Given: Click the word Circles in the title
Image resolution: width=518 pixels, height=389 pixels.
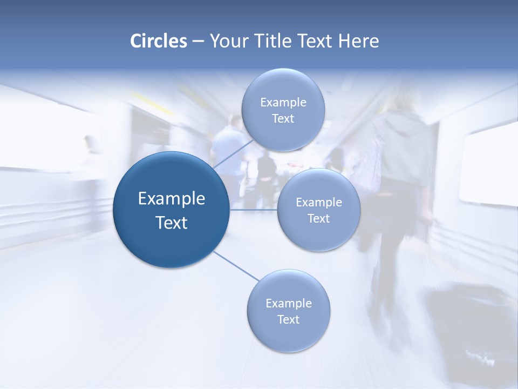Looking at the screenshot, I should pos(158,41).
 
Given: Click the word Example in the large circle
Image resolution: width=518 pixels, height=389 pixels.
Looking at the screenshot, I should pos(172,199).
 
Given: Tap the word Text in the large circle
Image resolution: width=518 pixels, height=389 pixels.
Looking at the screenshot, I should pos(172,223).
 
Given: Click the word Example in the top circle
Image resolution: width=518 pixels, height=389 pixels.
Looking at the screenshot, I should pos(283,103).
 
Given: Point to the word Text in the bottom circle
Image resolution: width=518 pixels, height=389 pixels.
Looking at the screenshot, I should pos(288,319).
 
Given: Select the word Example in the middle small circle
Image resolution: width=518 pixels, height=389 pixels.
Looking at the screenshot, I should pos(318,203).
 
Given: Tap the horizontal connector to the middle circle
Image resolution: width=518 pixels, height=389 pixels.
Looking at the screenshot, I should pos(253,210).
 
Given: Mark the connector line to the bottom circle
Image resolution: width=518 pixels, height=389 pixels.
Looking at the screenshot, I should pos(236,266).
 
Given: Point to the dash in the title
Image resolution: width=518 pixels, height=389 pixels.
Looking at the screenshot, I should pos(197,42).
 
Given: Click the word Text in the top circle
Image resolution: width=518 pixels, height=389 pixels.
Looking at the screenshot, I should pos(283,119).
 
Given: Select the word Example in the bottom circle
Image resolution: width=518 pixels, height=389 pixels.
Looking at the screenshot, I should pos(288,304).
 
